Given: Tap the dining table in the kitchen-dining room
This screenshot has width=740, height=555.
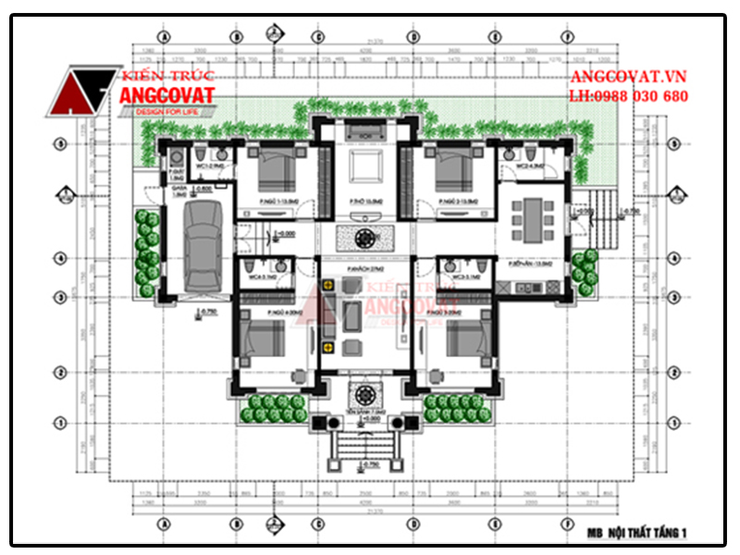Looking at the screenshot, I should (x=531, y=216).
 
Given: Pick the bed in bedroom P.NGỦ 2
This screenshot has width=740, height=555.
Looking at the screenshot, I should (x=453, y=171).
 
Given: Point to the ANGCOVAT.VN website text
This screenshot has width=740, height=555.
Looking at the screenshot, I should (x=628, y=78).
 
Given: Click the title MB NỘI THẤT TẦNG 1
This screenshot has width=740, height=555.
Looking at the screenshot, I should (x=637, y=533).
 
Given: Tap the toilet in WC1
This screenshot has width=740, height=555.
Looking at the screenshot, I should (x=201, y=153).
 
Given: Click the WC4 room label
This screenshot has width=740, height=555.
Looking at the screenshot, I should (x=250, y=276).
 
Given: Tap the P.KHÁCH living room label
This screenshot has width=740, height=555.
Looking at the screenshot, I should (x=360, y=268).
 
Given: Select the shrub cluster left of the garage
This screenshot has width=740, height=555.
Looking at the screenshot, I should (x=146, y=254).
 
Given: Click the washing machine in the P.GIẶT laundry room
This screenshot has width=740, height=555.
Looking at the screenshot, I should (x=176, y=173).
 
